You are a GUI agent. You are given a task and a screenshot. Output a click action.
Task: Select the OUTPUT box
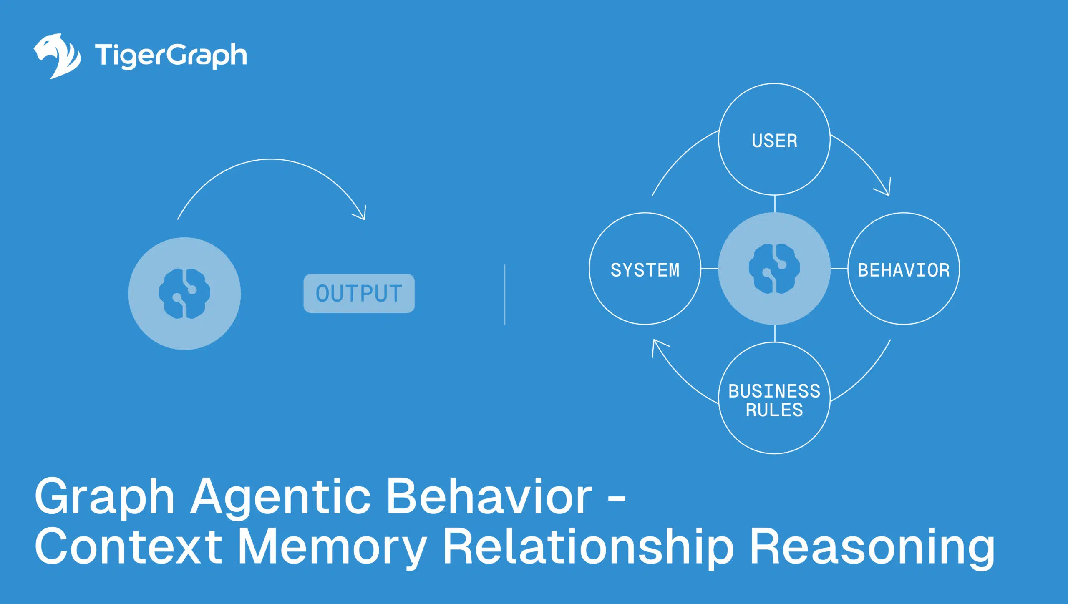click(x=359, y=293)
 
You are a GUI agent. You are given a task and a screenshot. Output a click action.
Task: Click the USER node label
click(x=774, y=141)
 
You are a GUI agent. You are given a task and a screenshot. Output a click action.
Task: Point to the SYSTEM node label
click(x=645, y=270)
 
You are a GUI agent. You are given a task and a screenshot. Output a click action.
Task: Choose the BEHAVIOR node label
click(x=904, y=270)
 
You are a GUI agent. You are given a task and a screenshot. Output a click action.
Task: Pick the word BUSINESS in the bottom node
click(x=774, y=391)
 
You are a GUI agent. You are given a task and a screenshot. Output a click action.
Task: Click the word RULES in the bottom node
click(x=774, y=410)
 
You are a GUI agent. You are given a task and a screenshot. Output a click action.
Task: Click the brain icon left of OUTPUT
click(x=184, y=294)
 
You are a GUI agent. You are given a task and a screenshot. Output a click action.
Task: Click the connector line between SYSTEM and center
click(x=710, y=269)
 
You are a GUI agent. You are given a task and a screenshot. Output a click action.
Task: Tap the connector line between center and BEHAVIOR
click(x=839, y=269)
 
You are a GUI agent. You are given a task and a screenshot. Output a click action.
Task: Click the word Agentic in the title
click(x=280, y=496)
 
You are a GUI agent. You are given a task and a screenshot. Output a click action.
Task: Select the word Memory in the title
click(x=332, y=546)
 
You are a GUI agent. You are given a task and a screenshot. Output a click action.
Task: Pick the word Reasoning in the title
click(x=872, y=546)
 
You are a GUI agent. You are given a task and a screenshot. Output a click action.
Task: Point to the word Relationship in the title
click(x=588, y=546)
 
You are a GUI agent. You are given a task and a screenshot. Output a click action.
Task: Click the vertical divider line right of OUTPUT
click(x=505, y=294)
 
